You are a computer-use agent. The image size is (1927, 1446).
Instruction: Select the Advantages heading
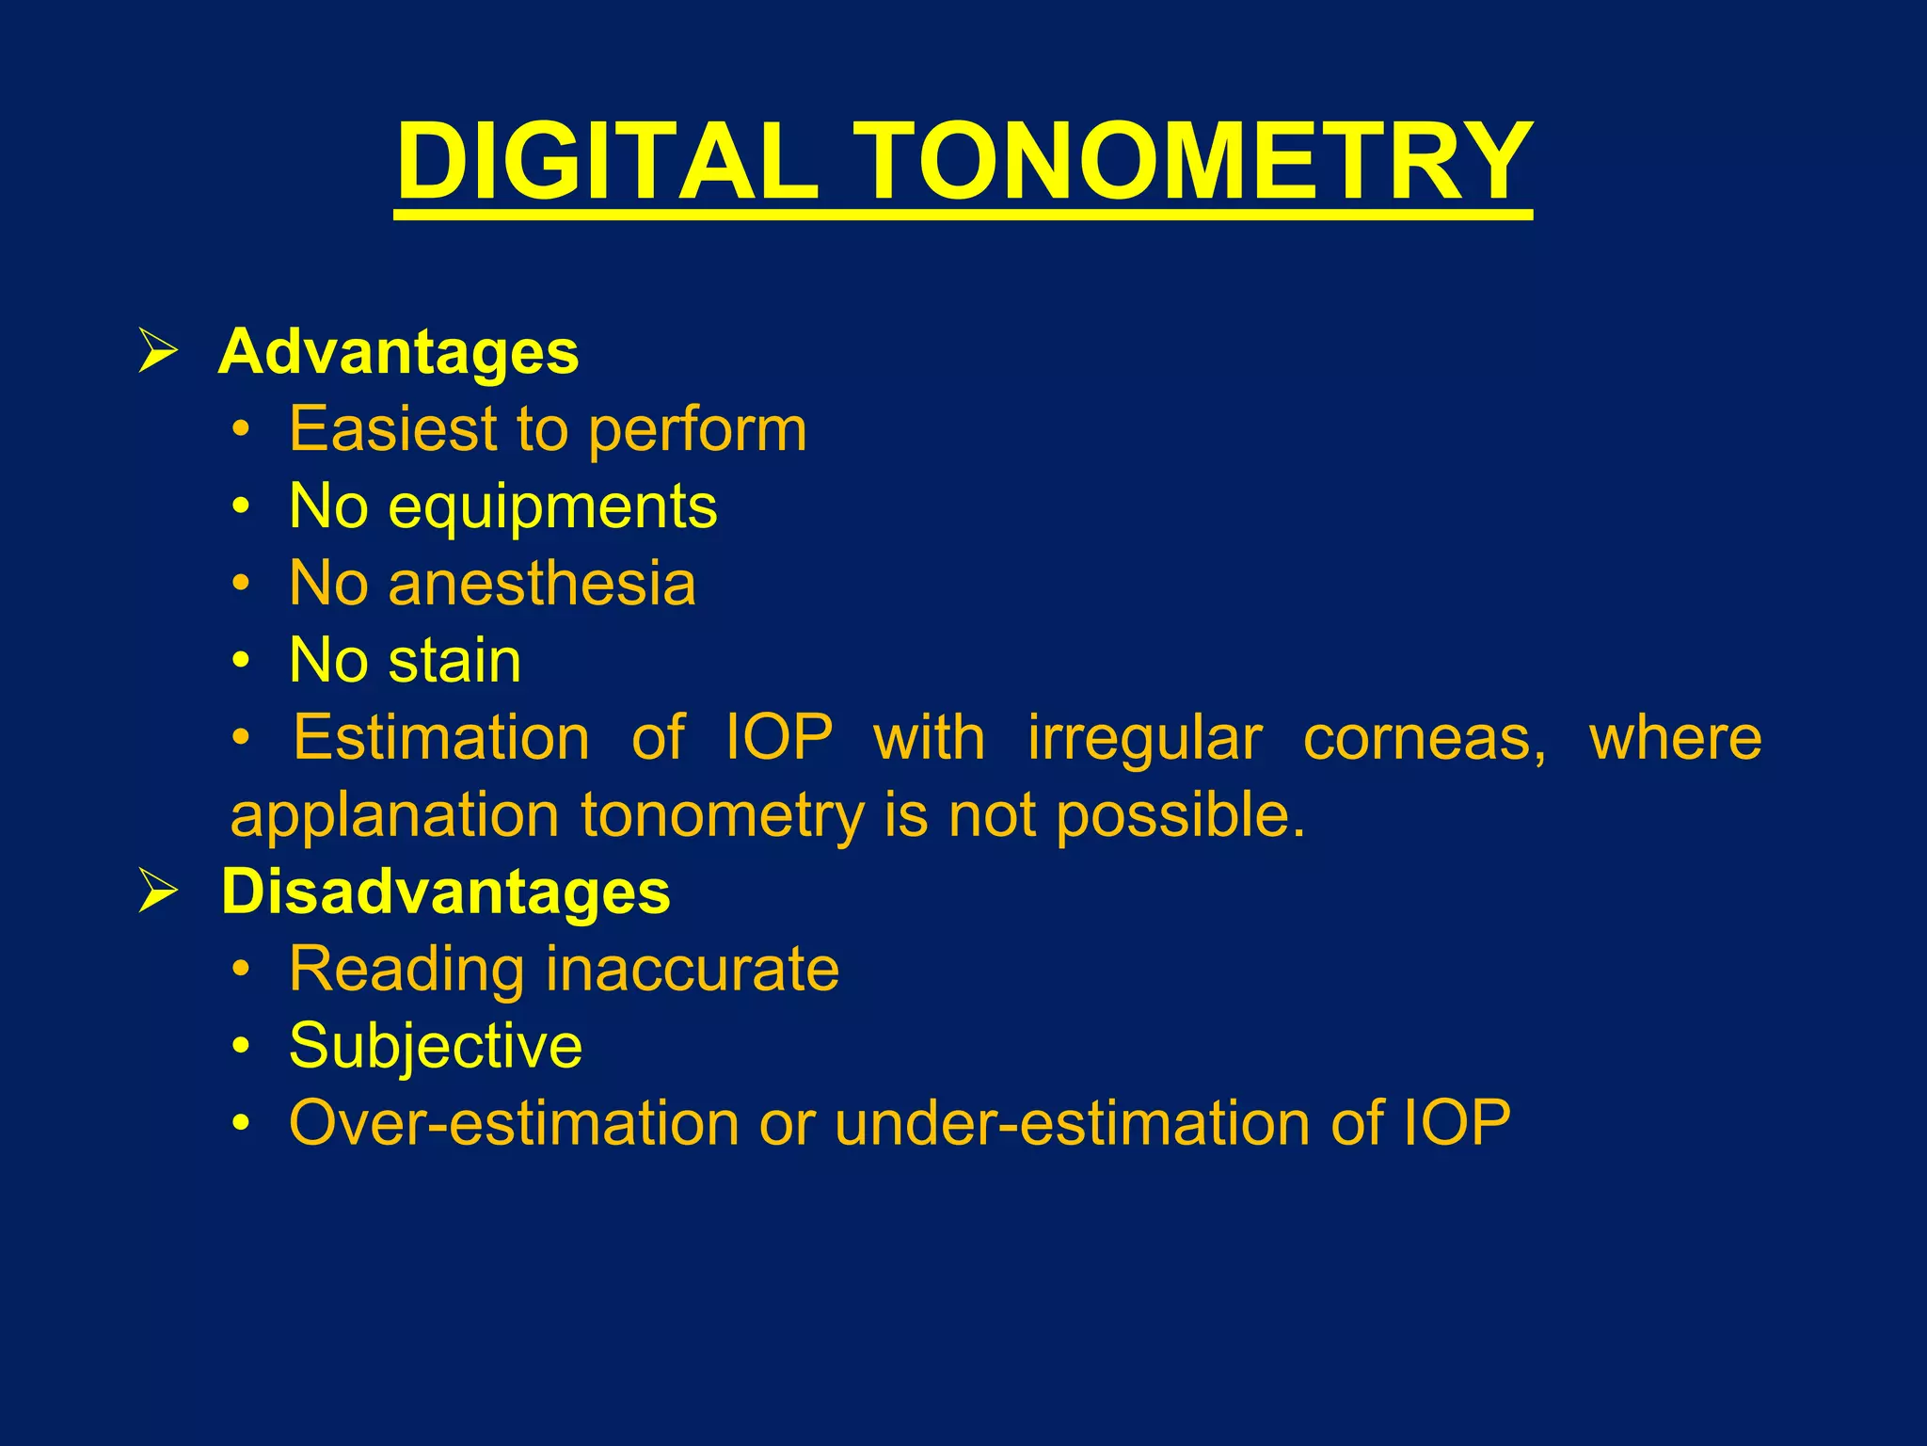tap(398, 352)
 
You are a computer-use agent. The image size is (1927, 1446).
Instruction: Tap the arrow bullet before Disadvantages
tap(158, 890)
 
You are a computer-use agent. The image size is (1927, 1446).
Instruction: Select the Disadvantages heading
tap(445, 892)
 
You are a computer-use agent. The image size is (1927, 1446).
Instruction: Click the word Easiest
tap(393, 429)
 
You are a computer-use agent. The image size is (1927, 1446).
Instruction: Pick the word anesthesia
tap(542, 584)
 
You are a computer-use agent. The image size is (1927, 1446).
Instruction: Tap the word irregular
tap(1144, 738)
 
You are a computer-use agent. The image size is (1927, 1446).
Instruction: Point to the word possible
tap(1180, 815)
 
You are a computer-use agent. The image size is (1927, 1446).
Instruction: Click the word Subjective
tap(436, 1048)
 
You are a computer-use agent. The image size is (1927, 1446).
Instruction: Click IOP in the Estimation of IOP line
tap(779, 737)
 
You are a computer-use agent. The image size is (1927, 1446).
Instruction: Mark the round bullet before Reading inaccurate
tap(242, 969)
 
